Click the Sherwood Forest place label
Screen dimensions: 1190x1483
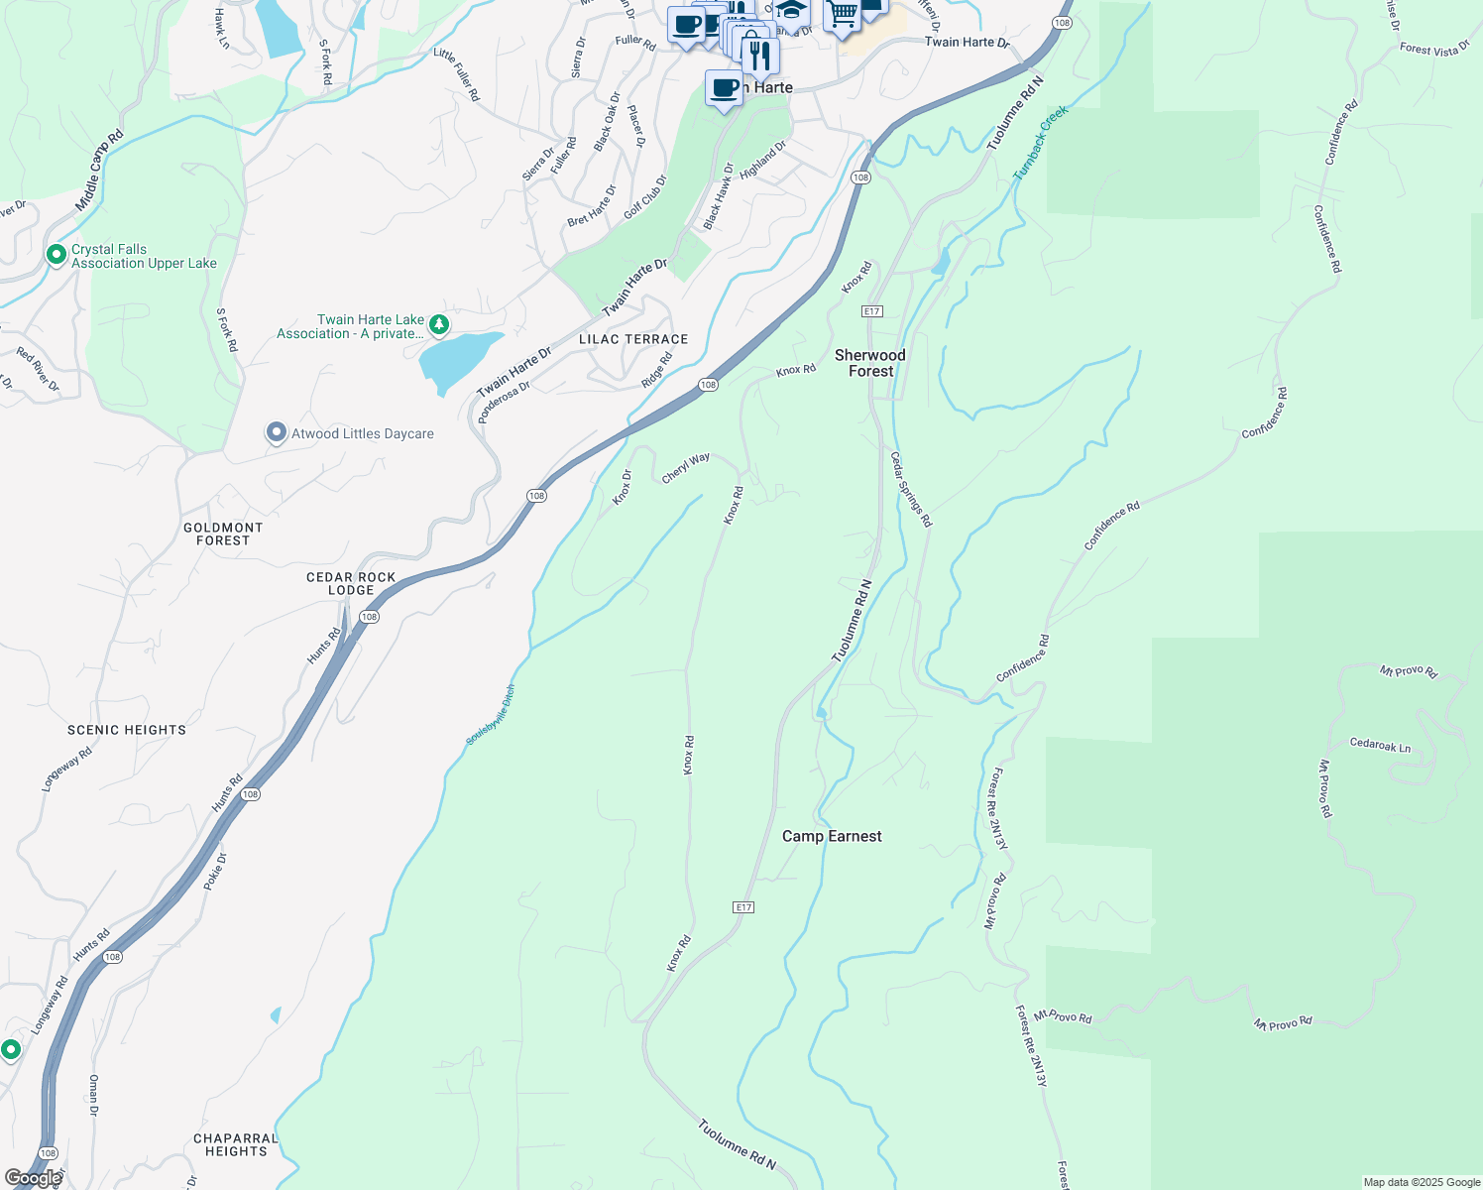tap(870, 363)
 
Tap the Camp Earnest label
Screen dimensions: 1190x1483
tap(832, 836)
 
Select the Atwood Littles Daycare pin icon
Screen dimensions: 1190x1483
tap(277, 432)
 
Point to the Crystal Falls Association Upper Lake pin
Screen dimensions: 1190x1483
tap(57, 255)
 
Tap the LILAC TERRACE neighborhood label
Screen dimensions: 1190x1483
tap(633, 339)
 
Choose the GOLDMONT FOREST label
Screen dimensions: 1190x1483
tap(223, 535)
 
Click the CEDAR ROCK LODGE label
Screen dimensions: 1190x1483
tap(351, 583)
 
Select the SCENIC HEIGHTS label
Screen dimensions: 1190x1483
tap(127, 730)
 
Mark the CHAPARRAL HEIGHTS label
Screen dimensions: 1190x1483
tap(236, 1144)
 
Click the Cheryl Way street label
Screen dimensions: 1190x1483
tap(686, 468)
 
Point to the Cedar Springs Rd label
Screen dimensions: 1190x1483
tap(910, 489)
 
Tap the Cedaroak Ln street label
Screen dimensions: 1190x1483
tap(1380, 745)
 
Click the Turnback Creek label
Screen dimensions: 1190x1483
tap(1041, 142)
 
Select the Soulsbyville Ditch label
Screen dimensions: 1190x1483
tap(491, 715)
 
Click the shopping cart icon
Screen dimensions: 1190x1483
tap(842, 16)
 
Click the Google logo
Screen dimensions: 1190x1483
tap(32, 1179)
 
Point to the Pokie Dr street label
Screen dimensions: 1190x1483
tap(215, 871)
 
